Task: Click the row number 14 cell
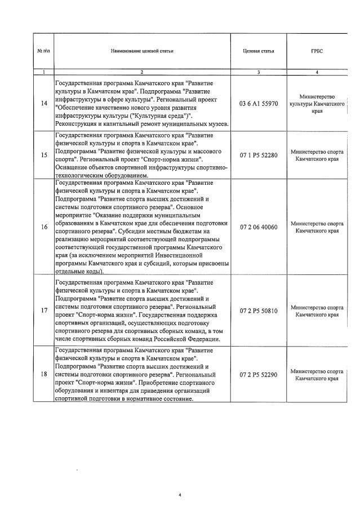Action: [x=44, y=104]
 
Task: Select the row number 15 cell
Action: [x=44, y=156]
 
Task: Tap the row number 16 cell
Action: [x=44, y=227]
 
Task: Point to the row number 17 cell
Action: [x=44, y=311]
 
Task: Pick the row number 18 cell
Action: [x=44, y=375]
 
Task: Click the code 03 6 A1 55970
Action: [x=259, y=104]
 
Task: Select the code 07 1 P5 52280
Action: [x=259, y=156]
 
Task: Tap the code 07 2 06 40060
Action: [x=259, y=227]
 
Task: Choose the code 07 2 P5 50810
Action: [x=259, y=311]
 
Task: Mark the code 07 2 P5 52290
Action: [x=259, y=375]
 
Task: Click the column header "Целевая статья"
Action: [x=259, y=51]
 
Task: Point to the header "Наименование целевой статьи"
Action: [x=142, y=51]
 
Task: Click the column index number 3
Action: [x=259, y=72]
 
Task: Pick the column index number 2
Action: [x=142, y=72]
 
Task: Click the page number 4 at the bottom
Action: [x=180, y=495]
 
